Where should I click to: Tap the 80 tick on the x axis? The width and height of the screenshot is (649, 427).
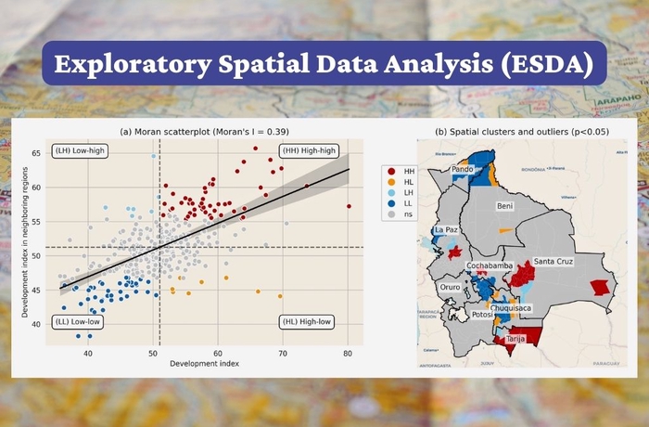(x=347, y=353)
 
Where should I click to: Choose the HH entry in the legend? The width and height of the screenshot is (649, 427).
(x=409, y=172)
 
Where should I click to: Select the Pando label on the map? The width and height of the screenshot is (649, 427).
(x=463, y=171)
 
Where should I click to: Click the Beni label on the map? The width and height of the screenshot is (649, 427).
(x=504, y=205)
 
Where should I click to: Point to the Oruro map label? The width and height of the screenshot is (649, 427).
(x=450, y=288)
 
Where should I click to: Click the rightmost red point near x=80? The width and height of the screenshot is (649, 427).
(x=349, y=206)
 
